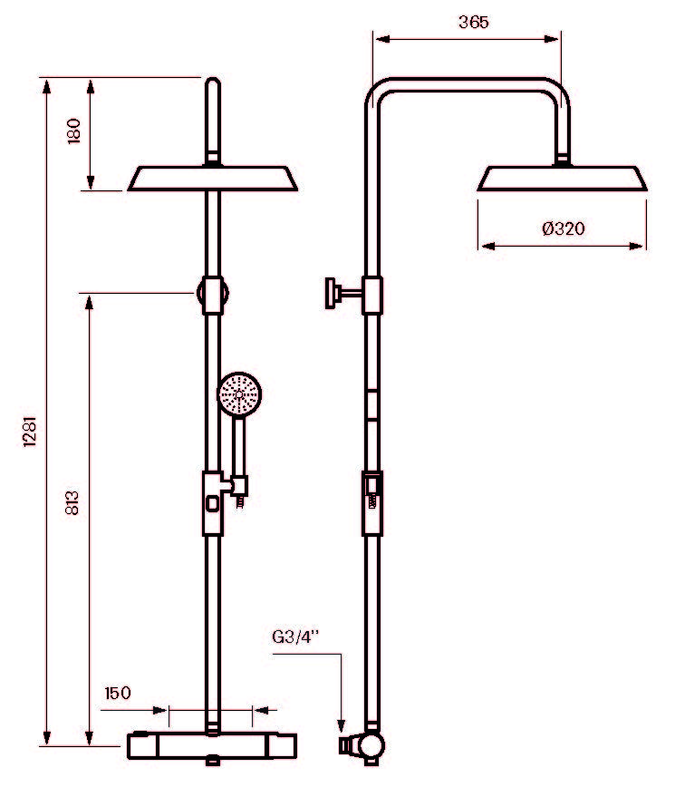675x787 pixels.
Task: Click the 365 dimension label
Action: point(473,22)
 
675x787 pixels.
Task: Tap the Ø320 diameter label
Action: point(564,228)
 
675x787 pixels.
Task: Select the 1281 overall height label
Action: point(31,431)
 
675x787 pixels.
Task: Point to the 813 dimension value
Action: point(72,502)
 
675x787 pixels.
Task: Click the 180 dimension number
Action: point(73,131)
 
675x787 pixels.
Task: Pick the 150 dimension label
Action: point(118,693)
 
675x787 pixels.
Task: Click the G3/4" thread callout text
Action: point(295,636)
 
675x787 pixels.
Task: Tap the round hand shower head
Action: point(239,394)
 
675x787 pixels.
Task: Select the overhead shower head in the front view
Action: point(213,179)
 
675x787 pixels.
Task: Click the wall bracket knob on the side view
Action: point(331,293)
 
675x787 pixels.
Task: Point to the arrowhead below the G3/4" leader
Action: point(341,725)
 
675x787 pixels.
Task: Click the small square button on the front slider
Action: point(213,503)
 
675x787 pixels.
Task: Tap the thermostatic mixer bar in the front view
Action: point(212,746)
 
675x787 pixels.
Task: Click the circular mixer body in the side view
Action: point(371,744)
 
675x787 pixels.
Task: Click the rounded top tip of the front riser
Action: point(213,81)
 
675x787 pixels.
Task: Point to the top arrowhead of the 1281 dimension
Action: point(46,86)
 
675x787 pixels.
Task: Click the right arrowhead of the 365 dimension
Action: point(552,39)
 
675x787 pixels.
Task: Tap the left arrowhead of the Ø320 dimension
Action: point(487,246)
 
